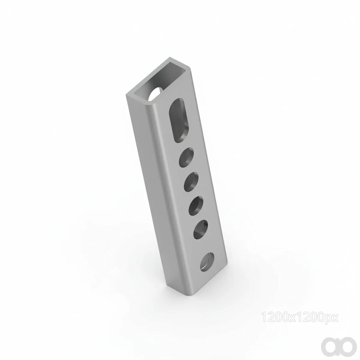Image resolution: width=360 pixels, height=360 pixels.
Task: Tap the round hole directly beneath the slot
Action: pos(186,157)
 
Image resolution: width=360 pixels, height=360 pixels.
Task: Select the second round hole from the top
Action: pos(191,182)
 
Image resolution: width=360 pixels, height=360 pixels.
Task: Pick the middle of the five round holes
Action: pos(196,206)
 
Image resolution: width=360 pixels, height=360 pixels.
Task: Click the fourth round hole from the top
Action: pos(201,230)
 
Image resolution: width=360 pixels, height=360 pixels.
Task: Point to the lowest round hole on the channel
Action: pos(207,262)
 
